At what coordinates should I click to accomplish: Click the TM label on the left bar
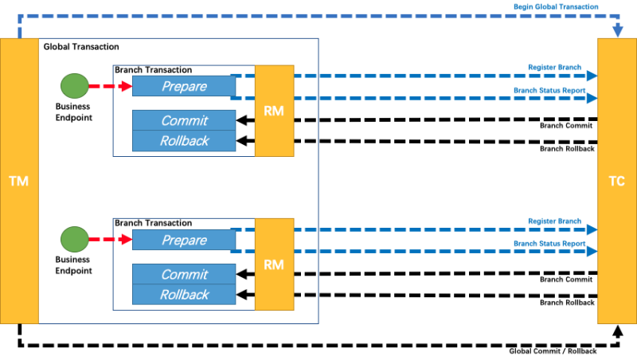[18, 181]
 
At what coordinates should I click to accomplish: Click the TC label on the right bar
[616, 181]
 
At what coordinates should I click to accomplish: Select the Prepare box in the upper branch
[184, 86]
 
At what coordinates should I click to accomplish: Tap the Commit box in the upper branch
[184, 120]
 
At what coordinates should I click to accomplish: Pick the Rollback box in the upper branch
[184, 141]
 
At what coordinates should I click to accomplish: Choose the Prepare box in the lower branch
[184, 240]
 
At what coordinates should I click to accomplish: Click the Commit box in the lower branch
[184, 274]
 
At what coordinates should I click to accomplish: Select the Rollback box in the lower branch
[184, 295]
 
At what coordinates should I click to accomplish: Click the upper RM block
[274, 111]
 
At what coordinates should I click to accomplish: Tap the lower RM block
[274, 264]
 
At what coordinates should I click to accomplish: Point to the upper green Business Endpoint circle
[75, 86]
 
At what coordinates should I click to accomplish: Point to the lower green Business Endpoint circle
[75, 239]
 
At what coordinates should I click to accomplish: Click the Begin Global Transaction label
[556, 6]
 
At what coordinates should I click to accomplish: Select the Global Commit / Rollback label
[553, 351]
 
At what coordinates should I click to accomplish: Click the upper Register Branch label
[554, 67]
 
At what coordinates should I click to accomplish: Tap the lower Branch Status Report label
[549, 244]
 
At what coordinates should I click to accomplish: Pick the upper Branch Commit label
[566, 126]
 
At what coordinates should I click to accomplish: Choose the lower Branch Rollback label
[567, 303]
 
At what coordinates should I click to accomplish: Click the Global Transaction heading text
[81, 47]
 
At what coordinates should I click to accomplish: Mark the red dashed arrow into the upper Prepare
[111, 86]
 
